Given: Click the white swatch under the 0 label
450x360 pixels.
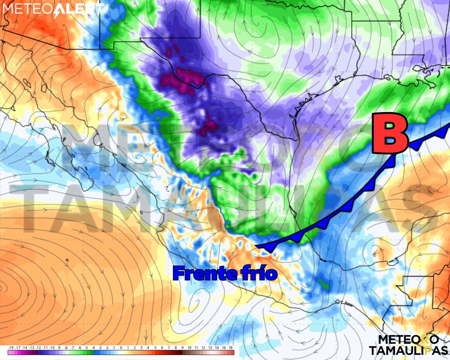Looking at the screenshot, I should click(x=121, y=353).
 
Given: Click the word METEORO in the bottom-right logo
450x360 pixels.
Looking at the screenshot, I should click(x=408, y=339).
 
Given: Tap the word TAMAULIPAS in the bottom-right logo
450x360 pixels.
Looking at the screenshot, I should click(x=408, y=350).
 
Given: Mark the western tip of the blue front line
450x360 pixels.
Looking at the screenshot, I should click(x=256, y=246).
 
